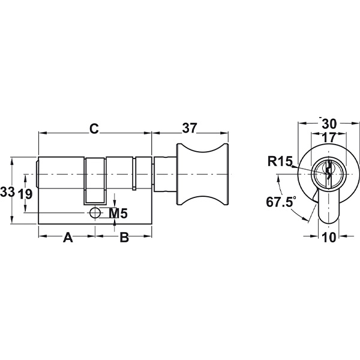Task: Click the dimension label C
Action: coord(94,129)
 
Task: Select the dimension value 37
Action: coord(190,128)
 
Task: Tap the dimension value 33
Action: coord(7,192)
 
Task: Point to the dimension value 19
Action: coord(25,194)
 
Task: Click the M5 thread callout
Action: coord(118,214)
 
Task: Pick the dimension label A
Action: coord(68,238)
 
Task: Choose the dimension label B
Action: coord(124,238)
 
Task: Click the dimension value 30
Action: coord(329,124)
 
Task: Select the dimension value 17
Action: coord(329,138)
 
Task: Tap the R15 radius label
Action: coord(280,161)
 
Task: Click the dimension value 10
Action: coord(329,238)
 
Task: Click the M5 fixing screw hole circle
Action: coord(95,213)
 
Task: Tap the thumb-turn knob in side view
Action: coord(202,174)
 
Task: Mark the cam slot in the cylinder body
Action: coord(95,181)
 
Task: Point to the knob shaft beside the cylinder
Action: coord(165,174)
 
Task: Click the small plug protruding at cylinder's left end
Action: coord(37,174)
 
